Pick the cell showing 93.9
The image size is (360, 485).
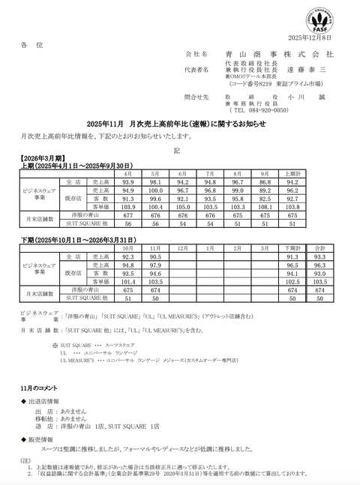(127, 182)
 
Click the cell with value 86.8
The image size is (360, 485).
(265, 182)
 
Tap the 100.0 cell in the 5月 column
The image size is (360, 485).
(155, 190)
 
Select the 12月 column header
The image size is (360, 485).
(182, 247)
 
